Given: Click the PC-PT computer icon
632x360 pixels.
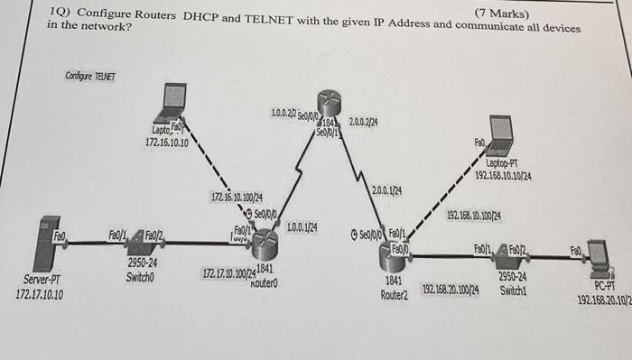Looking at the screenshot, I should pyautogui.click(x=599, y=255).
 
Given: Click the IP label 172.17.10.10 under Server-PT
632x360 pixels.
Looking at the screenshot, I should pyautogui.click(x=40, y=295).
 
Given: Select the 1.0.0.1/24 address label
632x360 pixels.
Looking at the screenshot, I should pyautogui.click(x=301, y=226).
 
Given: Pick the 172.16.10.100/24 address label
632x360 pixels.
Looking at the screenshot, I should pyautogui.click(x=237, y=197).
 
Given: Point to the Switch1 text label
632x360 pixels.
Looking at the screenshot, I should pyautogui.click(x=512, y=291).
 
